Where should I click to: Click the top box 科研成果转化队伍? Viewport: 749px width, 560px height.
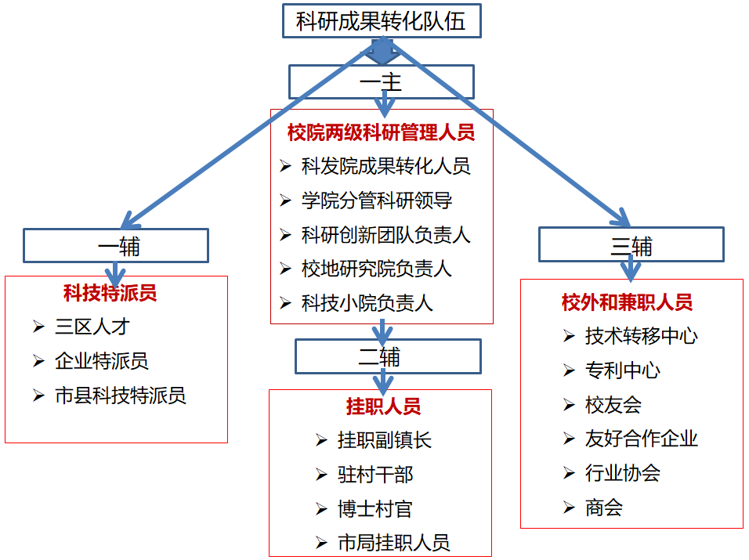[381, 20]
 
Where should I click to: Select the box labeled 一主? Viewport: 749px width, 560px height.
[381, 81]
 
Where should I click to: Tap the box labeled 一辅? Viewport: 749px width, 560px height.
[116, 246]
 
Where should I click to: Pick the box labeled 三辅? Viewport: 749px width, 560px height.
[631, 245]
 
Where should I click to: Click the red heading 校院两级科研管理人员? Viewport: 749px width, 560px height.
[381, 132]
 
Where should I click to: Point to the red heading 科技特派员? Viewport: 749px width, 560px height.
[110, 293]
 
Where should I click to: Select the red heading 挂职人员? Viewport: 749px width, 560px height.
[383, 406]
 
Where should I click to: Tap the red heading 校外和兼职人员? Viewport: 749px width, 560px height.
[627, 302]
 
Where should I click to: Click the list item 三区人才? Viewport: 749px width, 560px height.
[92, 327]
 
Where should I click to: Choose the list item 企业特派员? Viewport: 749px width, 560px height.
[102, 361]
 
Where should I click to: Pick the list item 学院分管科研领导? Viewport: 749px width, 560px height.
[377, 201]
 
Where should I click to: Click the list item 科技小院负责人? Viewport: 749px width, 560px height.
[367, 303]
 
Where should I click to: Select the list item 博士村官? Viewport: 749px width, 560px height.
[374, 509]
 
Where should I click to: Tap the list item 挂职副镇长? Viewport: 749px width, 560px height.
[385, 440]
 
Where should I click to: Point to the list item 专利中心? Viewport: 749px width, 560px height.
[622, 370]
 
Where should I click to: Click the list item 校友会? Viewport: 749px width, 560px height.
[613, 405]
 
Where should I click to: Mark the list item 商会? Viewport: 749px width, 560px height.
[603, 508]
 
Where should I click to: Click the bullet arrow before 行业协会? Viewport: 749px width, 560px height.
[570, 473]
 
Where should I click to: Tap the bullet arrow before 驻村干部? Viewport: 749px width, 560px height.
[321, 475]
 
